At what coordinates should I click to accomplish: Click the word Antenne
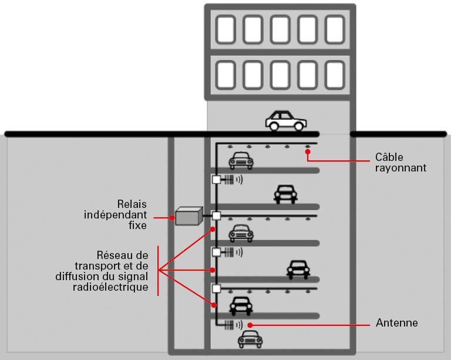[x=396, y=323]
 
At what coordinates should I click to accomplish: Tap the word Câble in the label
[x=388, y=157]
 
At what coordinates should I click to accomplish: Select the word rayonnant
[x=400, y=168]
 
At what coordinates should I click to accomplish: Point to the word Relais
[x=133, y=203]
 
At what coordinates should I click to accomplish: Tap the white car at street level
[x=285, y=120]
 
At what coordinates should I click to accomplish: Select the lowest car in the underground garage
[x=251, y=339]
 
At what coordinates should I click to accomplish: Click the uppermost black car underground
[x=285, y=193]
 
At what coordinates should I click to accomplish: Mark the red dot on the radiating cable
[x=307, y=151]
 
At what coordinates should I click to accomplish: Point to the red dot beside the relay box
[x=173, y=218]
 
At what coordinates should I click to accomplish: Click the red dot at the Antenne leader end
[x=250, y=324]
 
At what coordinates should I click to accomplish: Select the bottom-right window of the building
[x=334, y=75]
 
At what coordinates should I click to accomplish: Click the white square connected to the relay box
[x=216, y=216]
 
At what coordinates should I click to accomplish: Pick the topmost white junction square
[x=216, y=180]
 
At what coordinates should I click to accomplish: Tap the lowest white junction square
[x=216, y=288]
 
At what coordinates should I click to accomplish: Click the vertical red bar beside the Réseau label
[x=159, y=271]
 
